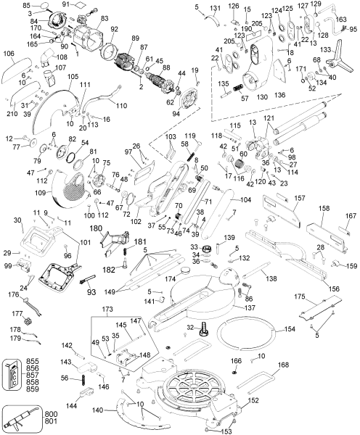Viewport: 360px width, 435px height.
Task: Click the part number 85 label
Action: coord(25,5)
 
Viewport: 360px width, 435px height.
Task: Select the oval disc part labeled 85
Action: coord(46,6)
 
